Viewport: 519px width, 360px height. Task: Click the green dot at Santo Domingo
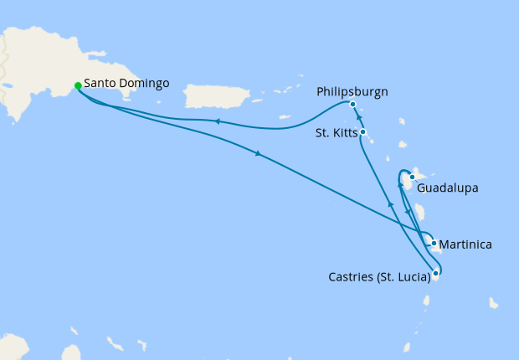pos(78,85)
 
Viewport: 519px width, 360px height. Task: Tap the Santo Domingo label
pos(126,84)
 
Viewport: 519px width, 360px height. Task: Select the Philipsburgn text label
pos(352,90)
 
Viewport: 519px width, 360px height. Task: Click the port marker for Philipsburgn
pos(352,105)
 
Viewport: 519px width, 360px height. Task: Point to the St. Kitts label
pos(335,132)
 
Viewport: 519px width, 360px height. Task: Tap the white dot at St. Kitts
pos(362,132)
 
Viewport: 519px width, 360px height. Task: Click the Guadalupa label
pos(447,188)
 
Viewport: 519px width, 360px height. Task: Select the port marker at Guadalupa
pos(413,177)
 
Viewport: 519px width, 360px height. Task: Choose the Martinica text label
pos(465,244)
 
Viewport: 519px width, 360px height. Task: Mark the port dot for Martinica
pos(434,244)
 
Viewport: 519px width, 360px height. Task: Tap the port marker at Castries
pos(436,273)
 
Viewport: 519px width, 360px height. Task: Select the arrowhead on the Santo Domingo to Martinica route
pos(258,154)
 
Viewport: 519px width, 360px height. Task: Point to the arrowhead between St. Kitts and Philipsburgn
pos(358,119)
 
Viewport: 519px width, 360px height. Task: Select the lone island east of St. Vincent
pos(495,302)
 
